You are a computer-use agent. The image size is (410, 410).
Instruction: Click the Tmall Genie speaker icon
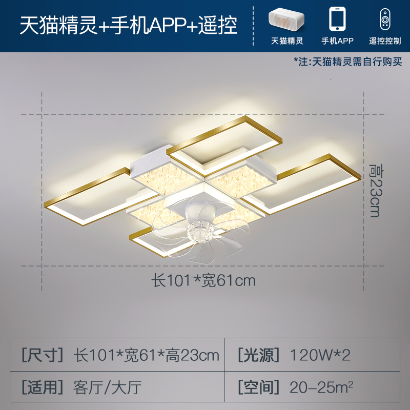pos(287,19)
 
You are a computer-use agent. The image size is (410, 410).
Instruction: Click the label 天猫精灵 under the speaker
pos(287,40)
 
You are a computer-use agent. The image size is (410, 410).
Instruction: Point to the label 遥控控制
pos(385,40)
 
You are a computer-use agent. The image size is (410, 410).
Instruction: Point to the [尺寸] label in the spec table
pos(43,355)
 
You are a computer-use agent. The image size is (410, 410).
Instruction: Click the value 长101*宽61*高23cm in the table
pos(147,355)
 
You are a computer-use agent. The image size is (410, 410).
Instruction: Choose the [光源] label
pos(259,355)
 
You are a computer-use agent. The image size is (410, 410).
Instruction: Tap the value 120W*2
pos(320,355)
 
